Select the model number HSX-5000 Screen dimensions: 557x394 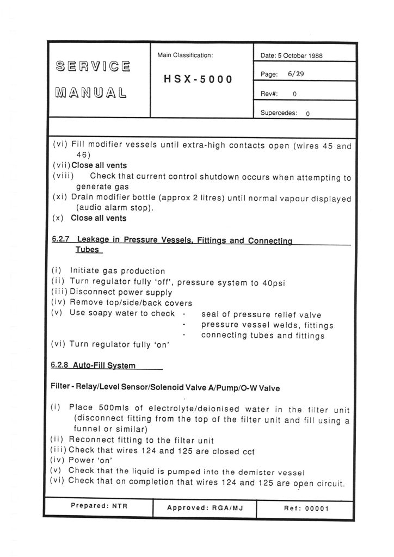coord(198,79)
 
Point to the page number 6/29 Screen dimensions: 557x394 coord(296,74)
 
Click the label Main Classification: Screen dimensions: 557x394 coord(184,55)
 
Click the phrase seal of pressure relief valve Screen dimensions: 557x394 coord(261,314)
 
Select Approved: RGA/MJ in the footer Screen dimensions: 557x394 coord(203,506)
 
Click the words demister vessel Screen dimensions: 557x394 coord(268,471)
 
